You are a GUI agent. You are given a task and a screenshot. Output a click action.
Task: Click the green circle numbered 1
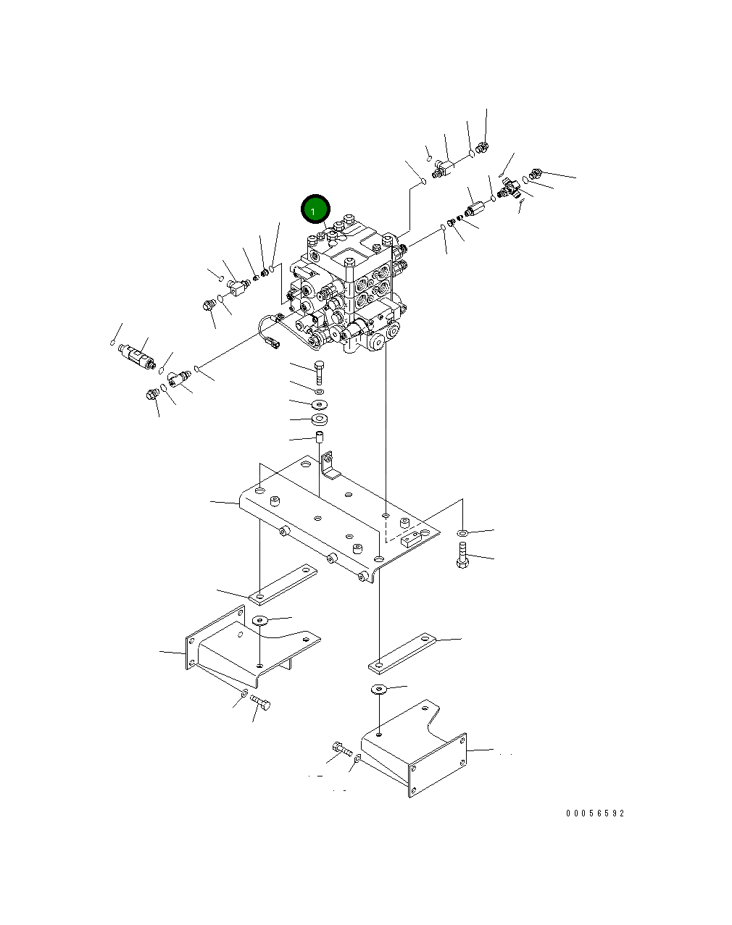[315, 210]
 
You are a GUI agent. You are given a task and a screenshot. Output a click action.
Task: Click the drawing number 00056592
[594, 813]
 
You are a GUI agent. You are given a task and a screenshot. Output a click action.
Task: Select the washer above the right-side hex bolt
[462, 534]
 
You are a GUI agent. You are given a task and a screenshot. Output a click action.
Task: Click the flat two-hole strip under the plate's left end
[283, 585]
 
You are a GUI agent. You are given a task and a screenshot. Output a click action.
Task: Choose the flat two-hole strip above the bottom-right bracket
[402, 652]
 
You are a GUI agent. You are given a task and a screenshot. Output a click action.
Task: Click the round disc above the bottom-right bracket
[378, 688]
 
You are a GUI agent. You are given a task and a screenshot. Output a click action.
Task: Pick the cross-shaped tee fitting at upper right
[510, 191]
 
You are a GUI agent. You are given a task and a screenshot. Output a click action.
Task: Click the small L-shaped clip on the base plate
[329, 466]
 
